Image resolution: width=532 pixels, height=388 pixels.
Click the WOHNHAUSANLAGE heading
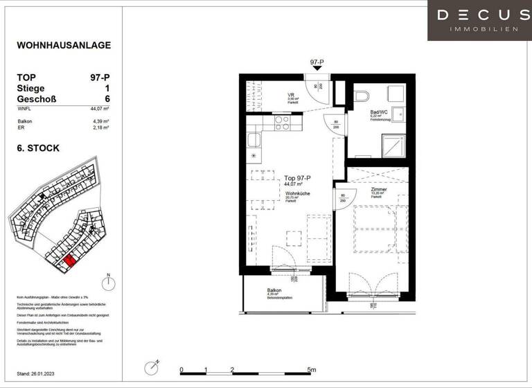tap(64, 46)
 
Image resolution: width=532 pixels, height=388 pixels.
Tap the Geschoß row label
tap(36, 99)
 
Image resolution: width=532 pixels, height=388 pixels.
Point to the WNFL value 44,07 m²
tap(100, 109)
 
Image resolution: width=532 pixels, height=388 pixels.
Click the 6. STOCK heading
tap(38, 148)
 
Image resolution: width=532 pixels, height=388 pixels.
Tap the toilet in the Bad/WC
tap(362, 96)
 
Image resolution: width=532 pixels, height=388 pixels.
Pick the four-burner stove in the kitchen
tap(283, 123)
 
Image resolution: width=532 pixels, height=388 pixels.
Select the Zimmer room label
tap(379, 189)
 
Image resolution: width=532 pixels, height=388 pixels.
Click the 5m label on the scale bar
tap(312, 370)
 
